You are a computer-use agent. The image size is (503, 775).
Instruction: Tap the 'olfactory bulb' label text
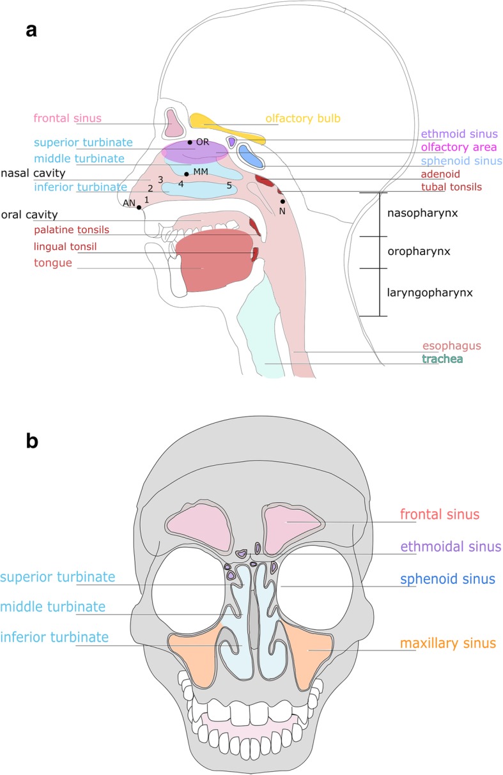(x=304, y=118)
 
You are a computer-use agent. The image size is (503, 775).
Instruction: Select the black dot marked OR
(x=190, y=142)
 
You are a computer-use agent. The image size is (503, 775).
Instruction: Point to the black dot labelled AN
(x=139, y=207)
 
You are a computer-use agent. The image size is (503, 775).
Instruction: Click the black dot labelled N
(x=282, y=202)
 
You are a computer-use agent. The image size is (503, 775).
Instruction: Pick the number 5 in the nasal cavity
(x=228, y=185)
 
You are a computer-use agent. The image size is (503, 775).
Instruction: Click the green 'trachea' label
(x=442, y=360)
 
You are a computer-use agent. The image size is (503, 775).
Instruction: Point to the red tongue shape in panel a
(x=211, y=262)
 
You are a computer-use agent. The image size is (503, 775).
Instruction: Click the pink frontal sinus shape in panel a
(x=173, y=123)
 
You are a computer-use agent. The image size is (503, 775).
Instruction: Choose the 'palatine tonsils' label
(x=71, y=230)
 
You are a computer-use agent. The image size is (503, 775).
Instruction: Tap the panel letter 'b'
(x=32, y=441)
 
